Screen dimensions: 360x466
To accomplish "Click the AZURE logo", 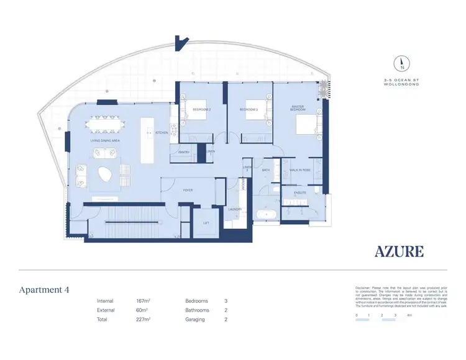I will point(400,251).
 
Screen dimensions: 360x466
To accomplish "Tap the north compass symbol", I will point(402,62).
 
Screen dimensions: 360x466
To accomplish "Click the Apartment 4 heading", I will point(44,290).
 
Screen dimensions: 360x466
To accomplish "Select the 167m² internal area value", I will point(144,301).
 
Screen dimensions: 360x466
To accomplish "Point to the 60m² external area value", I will point(143,310).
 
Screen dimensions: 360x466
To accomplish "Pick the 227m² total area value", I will point(144,319).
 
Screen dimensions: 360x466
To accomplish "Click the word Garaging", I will point(196,319).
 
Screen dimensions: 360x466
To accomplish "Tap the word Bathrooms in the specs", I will point(198,310).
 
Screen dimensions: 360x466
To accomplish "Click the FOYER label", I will point(186,190).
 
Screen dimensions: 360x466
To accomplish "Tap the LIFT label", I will point(207,222).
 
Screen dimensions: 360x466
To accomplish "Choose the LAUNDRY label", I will point(234,209).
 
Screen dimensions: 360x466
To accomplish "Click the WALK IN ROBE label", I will point(300,169).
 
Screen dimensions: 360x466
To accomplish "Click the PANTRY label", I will point(183,152).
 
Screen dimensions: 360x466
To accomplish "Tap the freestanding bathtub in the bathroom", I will point(268,216).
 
